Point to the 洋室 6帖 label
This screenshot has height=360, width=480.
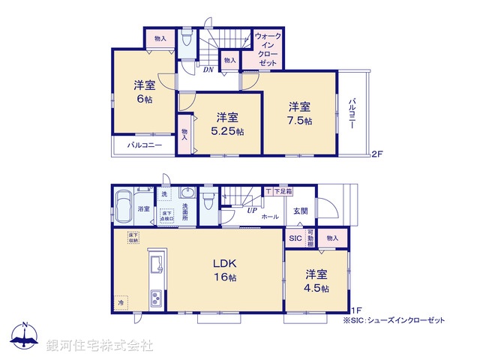pos(145,91)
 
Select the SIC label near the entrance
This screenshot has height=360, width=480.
pos(295,238)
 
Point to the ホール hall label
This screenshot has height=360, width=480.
pos(270,217)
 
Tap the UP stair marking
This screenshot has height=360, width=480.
pos(253,211)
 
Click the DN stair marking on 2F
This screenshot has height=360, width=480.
pos(208,70)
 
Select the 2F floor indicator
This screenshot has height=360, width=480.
pos(377,155)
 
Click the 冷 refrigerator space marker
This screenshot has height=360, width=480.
pos(121,302)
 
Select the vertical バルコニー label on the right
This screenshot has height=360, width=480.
pos(352,112)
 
